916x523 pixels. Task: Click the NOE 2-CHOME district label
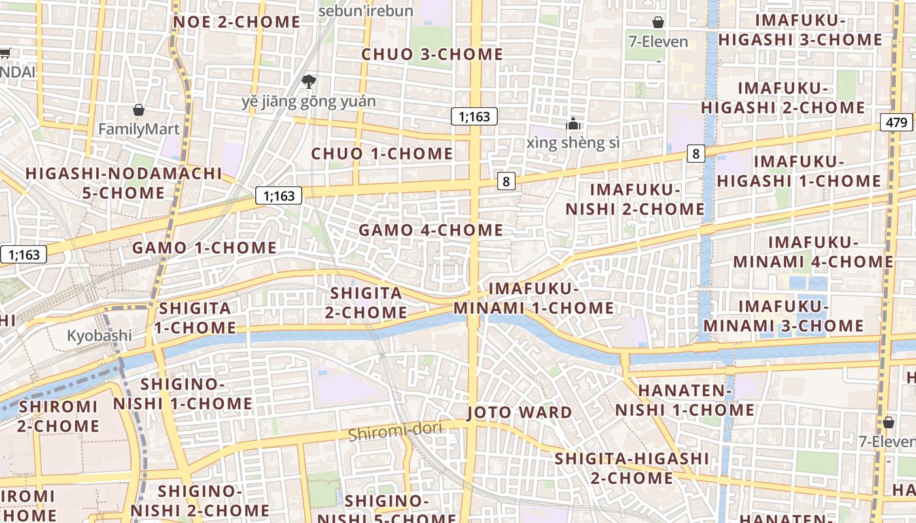(x=236, y=22)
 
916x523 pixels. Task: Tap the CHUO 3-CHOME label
(x=432, y=54)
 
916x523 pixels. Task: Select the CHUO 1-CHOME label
(x=381, y=154)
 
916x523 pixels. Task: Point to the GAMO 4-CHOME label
(x=431, y=230)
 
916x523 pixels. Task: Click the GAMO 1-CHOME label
(x=204, y=248)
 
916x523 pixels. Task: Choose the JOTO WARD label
(x=520, y=413)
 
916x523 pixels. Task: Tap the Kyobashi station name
(x=99, y=336)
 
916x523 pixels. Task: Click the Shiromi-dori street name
(x=395, y=431)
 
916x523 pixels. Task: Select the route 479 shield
(x=896, y=122)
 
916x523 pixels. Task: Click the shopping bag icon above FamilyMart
(x=138, y=109)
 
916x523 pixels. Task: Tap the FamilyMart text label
(x=138, y=129)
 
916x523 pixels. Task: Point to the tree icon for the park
(x=308, y=82)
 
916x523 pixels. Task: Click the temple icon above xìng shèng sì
(x=573, y=124)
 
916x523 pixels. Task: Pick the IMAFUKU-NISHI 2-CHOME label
(x=635, y=199)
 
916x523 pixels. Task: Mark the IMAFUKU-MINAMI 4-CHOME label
(x=813, y=252)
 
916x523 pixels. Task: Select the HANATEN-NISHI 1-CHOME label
(x=684, y=401)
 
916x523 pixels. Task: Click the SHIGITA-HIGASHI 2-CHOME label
(x=631, y=468)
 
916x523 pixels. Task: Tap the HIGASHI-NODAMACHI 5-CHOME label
(x=124, y=183)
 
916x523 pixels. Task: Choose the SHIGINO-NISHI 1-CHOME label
(x=183, y=394)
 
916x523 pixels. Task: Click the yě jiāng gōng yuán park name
(x=309, y=101)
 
